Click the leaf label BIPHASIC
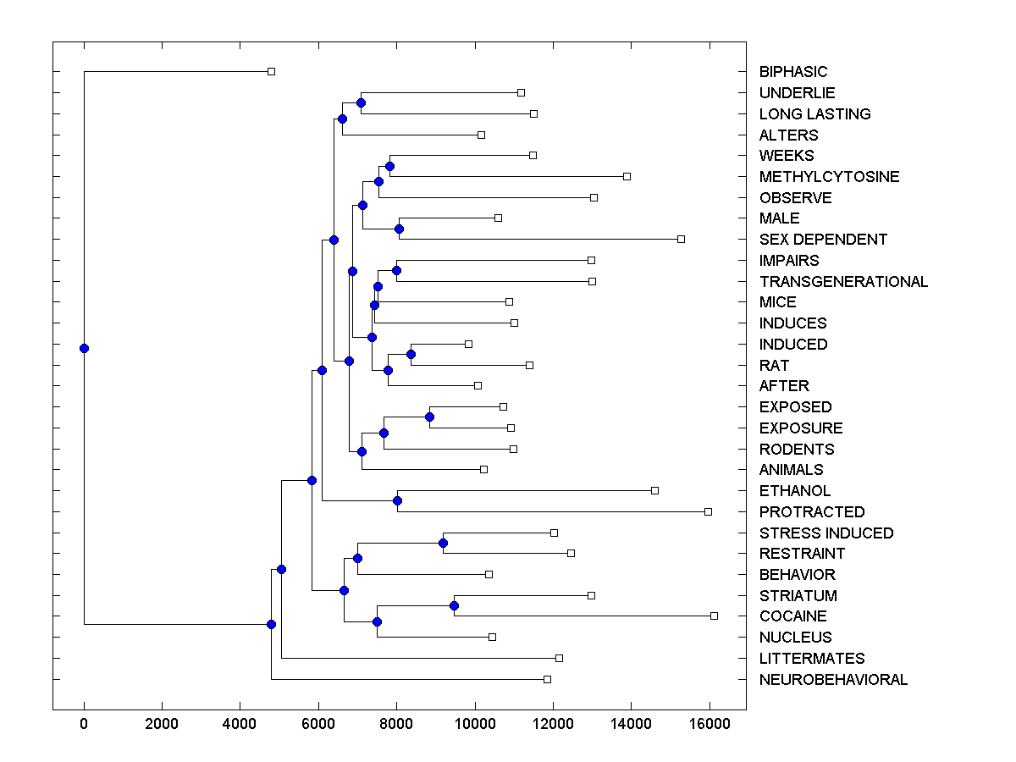793,72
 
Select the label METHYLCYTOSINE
829,177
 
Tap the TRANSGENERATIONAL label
843,282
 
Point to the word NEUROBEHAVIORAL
833,680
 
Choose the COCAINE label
792,616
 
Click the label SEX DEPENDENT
823,240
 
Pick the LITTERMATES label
812,659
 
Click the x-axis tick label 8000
396,723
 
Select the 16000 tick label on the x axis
709,723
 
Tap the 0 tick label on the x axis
84,723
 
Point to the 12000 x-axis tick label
553,723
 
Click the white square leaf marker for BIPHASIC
271,71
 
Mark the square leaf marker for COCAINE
714,616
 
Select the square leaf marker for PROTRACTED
708,511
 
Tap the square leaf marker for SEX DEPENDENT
681,239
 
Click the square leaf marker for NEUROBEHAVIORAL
547,679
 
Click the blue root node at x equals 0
84,348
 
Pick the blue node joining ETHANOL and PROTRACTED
397,500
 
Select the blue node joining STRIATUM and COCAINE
454,605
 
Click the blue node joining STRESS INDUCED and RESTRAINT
443,543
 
